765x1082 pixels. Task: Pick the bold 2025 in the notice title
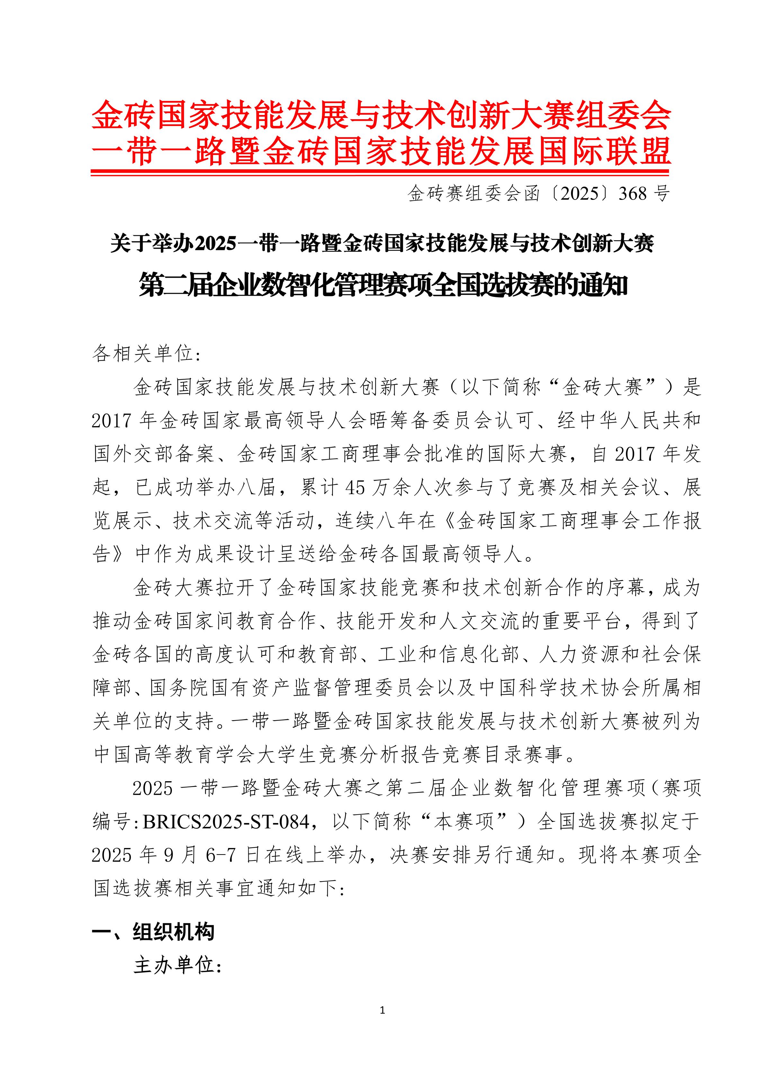click(215, 244)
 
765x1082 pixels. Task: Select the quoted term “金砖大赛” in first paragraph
click(603, 387)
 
